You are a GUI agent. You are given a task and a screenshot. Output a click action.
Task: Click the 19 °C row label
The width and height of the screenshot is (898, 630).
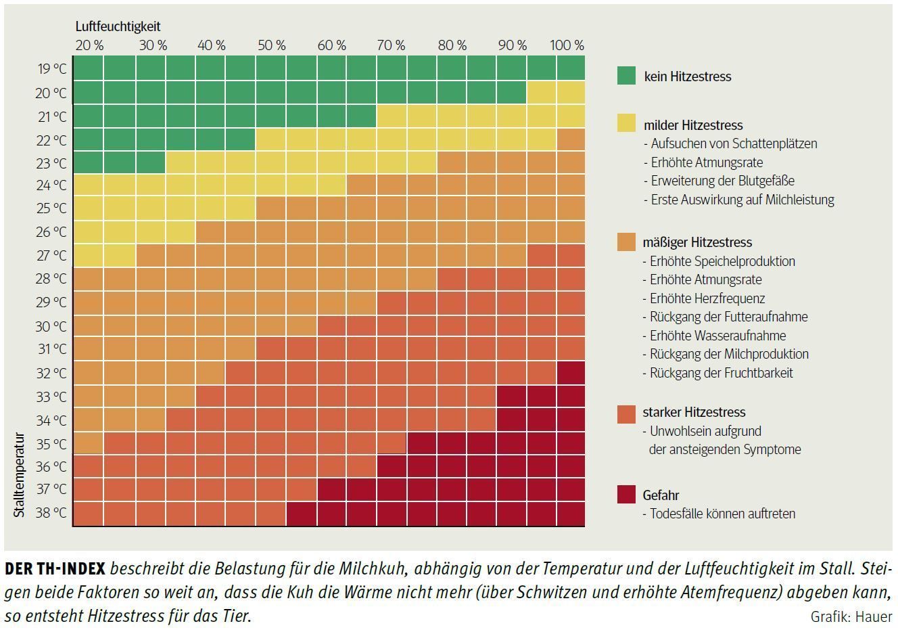(x=52, y=69)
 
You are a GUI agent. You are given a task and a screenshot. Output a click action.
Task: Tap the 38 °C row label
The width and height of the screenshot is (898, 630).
(x=52, y=513)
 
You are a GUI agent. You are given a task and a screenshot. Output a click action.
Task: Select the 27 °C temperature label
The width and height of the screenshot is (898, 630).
(x=52, y=255)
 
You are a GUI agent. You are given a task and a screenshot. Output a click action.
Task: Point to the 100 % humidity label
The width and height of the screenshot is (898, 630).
(x=567, y=45)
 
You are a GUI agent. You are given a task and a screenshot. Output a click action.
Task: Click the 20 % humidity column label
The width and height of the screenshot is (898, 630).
(x=89, y=45)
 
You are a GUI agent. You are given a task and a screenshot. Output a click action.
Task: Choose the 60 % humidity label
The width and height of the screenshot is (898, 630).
(x=331, y=45)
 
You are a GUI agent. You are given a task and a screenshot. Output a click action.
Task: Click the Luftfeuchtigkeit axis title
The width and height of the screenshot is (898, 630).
(x=118, y=26)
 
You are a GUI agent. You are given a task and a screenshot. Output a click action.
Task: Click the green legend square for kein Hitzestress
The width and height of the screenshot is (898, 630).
(x=626, y=76)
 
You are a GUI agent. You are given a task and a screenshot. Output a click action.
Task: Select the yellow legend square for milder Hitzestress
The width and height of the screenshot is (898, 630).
(x=626, y=122)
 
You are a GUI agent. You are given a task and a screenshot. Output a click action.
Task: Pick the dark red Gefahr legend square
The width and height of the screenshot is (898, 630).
(x=626, y=495)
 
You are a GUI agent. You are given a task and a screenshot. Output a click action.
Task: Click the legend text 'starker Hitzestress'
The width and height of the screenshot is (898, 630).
(x=694, y=412)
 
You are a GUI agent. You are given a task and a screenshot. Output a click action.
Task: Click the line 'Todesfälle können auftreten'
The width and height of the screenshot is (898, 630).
(x=722, y=514)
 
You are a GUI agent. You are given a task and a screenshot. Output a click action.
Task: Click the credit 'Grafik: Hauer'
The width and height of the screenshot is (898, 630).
(x=851, y=616)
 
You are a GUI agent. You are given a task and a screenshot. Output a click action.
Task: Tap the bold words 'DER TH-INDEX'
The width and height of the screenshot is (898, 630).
(x=55, y=568)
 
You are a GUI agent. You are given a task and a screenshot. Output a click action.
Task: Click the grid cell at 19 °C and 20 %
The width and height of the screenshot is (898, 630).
(x=88, y=69)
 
